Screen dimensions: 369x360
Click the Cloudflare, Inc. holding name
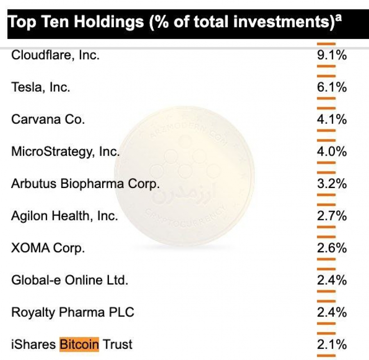(55, 55)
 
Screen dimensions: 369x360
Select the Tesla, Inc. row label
(41, 87)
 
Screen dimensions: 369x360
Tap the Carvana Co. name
(48, 119)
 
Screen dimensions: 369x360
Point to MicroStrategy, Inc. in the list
(66, 152)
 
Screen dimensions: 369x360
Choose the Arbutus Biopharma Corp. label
(85, 183)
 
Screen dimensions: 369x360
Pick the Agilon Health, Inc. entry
(64, 216)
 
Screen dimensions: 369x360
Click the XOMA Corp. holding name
(48, 248)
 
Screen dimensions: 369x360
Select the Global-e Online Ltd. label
(70, 280)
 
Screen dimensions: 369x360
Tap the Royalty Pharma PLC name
(73, 312)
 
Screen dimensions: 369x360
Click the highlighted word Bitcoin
(79, 344)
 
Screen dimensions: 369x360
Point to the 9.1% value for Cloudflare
(332, 55)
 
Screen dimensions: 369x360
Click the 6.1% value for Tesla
(332, 88)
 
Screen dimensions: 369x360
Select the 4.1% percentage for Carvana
(332, 120)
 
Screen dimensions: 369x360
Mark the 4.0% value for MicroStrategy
(332, 152)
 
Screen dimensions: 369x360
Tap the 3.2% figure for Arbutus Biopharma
(332, 183)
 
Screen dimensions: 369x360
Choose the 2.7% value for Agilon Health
(332, 216)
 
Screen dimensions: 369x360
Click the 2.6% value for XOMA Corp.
(332, 248)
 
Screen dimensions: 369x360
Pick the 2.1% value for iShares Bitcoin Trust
(332, 344)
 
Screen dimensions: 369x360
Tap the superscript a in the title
(338, 18)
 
